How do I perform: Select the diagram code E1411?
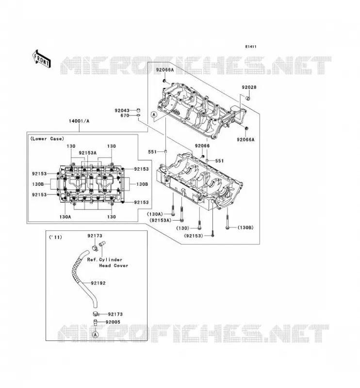tap(251, 47)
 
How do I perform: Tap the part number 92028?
tap(249, 87)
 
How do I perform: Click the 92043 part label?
tap(122, 111)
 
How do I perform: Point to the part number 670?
tap(125, 115)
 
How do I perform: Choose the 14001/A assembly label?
tap(79, 121)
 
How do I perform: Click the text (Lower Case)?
tap(47, 139)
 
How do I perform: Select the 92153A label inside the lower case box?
tap(88, 153)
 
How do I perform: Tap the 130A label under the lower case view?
tap(65, 217)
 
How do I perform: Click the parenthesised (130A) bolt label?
tap(155, 214)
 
